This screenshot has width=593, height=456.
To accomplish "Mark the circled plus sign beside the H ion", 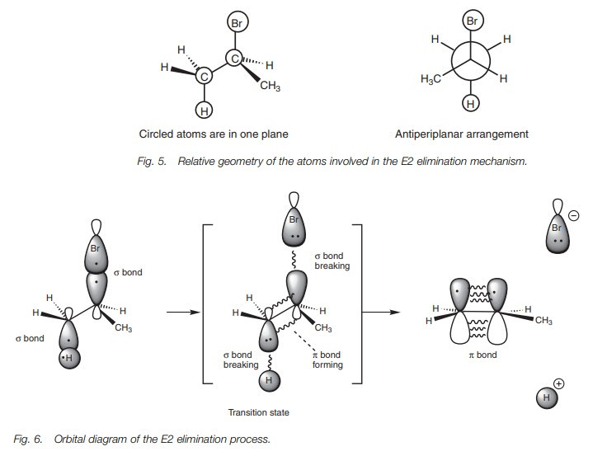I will click(559, 383).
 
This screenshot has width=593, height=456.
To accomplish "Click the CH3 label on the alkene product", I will click(543, 320).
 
